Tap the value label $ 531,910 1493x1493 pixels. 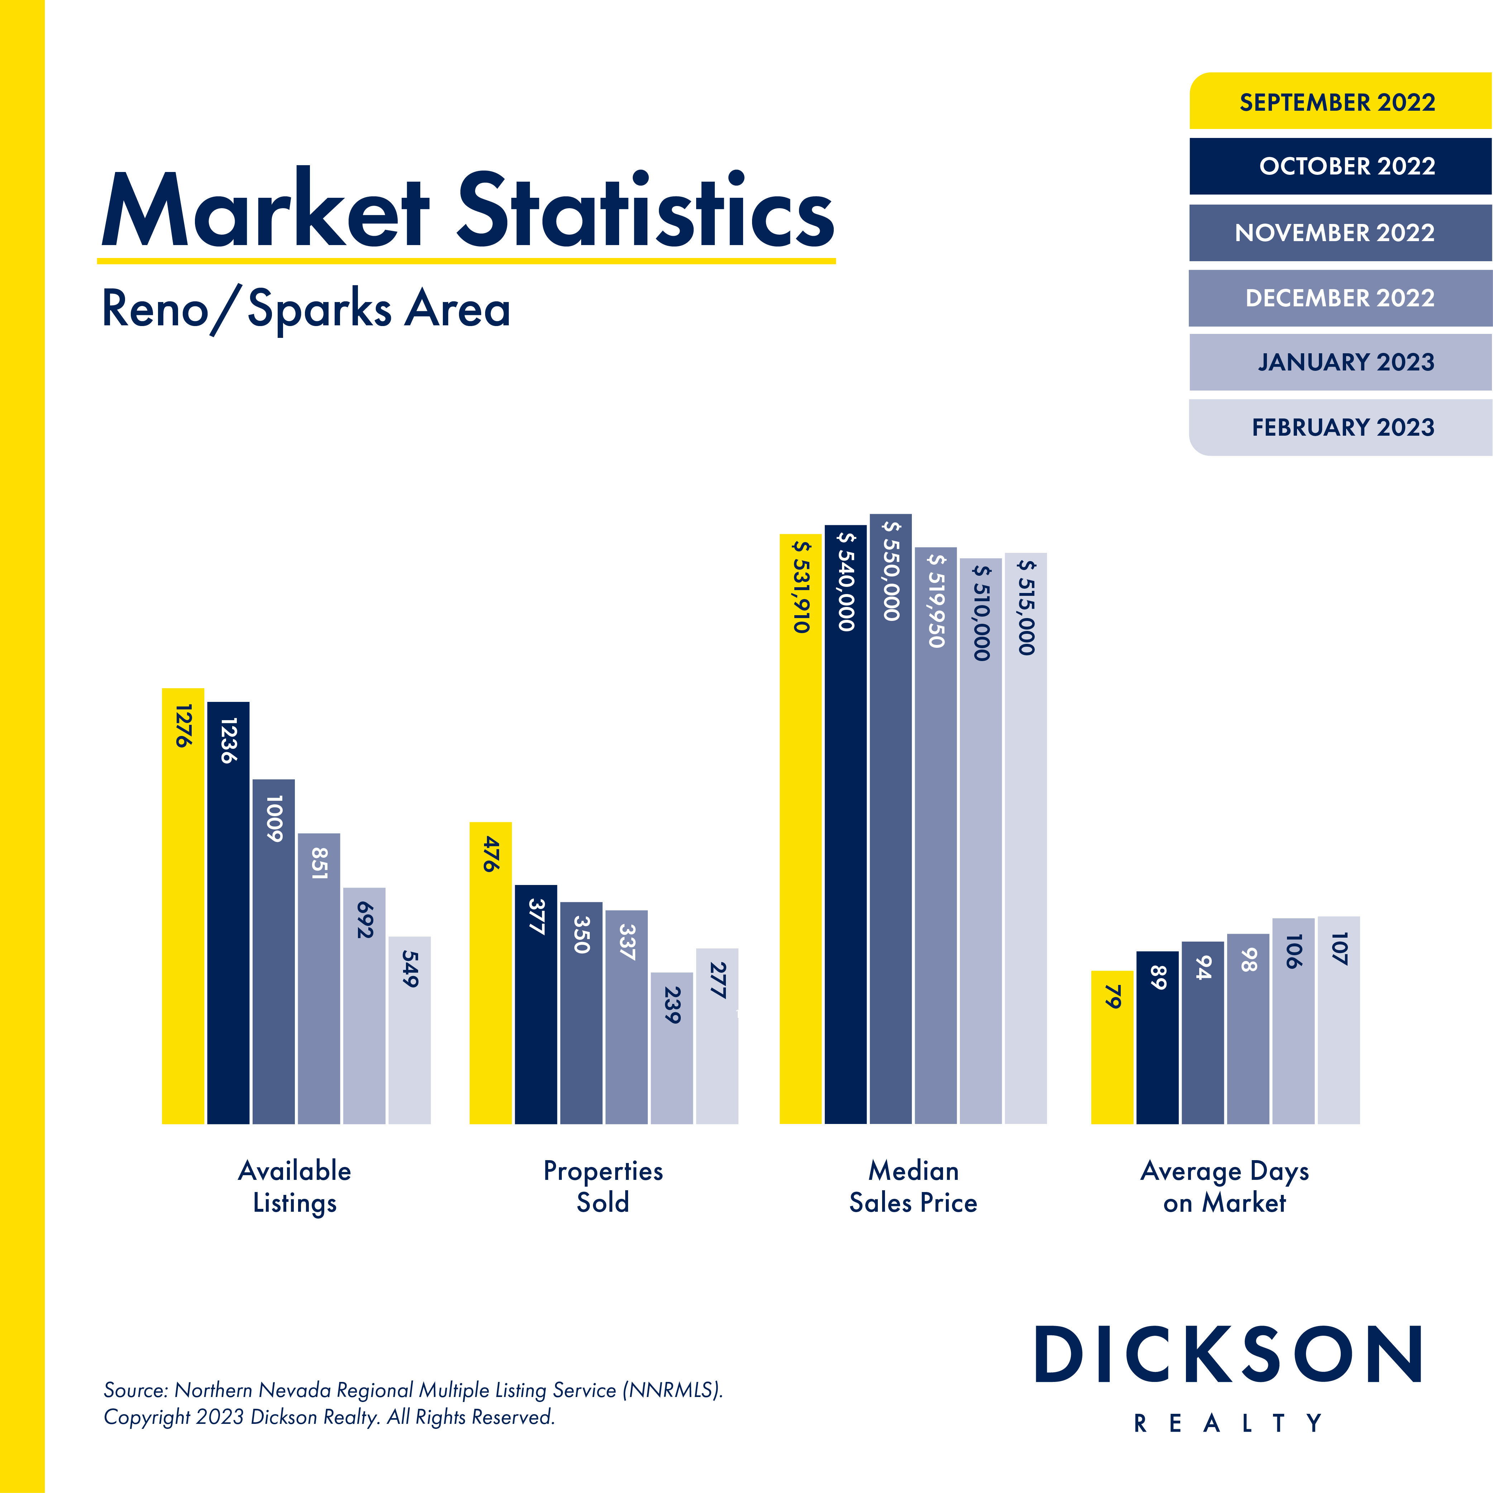click(801, 587)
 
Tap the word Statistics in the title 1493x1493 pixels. click(646, 210)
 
